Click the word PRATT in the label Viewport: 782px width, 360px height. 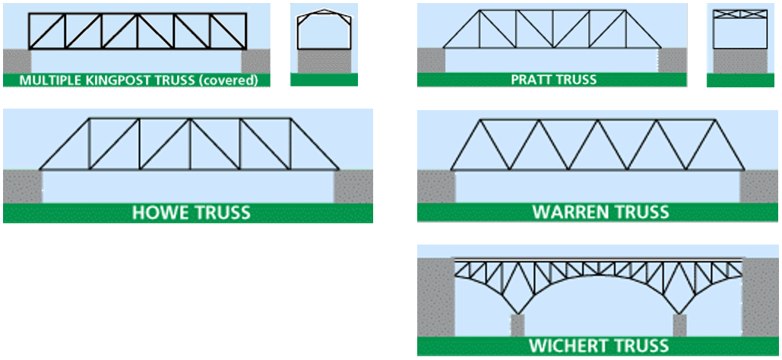point(533,80)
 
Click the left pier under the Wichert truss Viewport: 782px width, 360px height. point(518,325)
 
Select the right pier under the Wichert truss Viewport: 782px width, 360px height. point(679,325)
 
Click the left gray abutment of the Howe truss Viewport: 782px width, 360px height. point(21,186)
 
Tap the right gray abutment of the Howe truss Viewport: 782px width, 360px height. point(353,186)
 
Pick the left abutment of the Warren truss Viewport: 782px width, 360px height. point(435,186)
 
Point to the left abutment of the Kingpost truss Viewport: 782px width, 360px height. point(16,62)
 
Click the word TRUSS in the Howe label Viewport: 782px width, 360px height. point(220,213)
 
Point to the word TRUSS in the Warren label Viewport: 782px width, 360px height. point(639,212)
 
